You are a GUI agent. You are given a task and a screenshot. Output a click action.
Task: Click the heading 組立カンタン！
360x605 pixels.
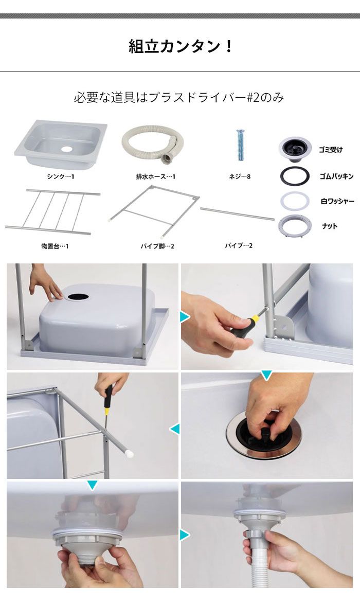pyautogui.click(x=180, y=47)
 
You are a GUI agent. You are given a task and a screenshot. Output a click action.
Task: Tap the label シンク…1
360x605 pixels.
pyautogui.click(x=61, y=176)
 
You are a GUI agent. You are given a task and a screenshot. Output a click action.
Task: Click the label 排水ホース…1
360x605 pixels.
pyautogui.click(x=152, y=176)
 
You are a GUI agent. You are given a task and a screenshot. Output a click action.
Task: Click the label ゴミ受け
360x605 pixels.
pyautogui.click(x=331, y=150)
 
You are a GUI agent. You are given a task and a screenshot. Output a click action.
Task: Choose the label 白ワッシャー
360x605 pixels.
pyautogui.click(x=337, y=201)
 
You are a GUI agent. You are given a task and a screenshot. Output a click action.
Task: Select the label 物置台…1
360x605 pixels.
pyautogui.click(x=55, y=246)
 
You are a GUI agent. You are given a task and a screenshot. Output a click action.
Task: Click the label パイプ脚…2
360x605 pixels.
pyautogui.click(x=157, y=246)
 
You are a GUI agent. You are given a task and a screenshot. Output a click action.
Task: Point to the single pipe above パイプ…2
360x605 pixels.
pyautogui.click(x=237, y=213)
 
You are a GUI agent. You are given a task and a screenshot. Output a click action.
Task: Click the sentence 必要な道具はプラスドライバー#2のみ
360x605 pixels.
pyautogui.click(x=179, y=97)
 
